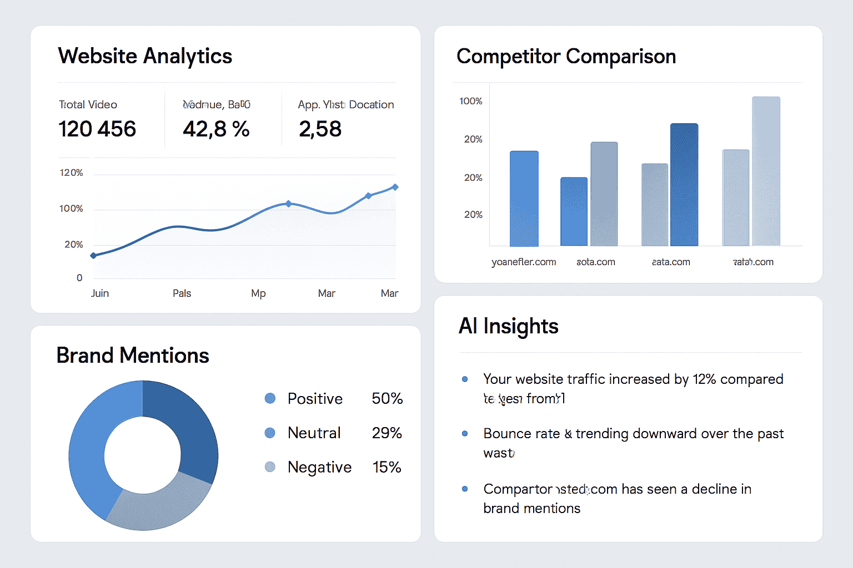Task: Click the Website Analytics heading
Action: pos(145,56)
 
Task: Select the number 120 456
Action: pos(97,129)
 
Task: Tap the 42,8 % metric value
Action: pos(216,129)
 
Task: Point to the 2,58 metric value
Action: pos(320,129)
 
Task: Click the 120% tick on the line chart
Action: pos(71,173)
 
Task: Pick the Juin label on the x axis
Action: pos(100,293)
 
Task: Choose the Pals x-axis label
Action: pos(182,293)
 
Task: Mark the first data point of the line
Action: pos(93,256)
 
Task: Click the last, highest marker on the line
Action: pos(395,187)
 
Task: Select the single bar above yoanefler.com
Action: pos(524,198)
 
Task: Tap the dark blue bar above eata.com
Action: pos(684,184)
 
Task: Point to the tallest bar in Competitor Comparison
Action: pos(766,171)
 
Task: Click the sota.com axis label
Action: pos(596,262)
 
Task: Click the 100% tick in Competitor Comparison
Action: pos(471,102)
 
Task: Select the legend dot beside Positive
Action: pos(270,398)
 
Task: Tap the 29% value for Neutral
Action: pos(387,433)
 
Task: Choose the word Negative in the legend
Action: pos(319,467)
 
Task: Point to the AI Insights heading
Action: pos(508,326)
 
